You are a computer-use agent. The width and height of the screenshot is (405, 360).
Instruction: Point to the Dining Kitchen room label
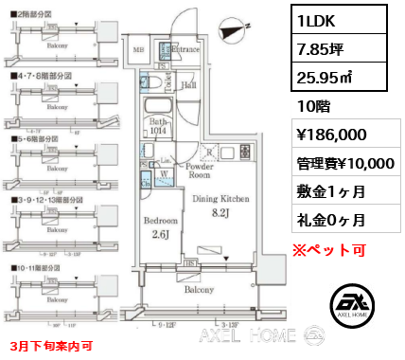220,199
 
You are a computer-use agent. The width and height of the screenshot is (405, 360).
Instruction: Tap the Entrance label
185,47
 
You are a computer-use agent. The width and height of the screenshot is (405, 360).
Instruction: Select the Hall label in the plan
189,84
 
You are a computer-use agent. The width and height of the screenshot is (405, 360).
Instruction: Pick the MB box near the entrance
139,49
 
